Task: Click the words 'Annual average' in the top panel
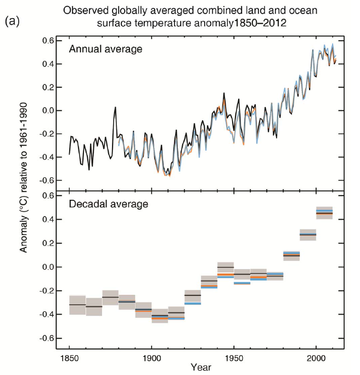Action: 105,49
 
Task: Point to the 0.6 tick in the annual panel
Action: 48,41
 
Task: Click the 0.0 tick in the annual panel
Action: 48,110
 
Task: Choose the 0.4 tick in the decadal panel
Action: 48,220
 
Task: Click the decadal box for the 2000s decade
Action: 324,212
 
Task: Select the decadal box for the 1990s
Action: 308,234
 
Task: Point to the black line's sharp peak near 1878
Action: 115,107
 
